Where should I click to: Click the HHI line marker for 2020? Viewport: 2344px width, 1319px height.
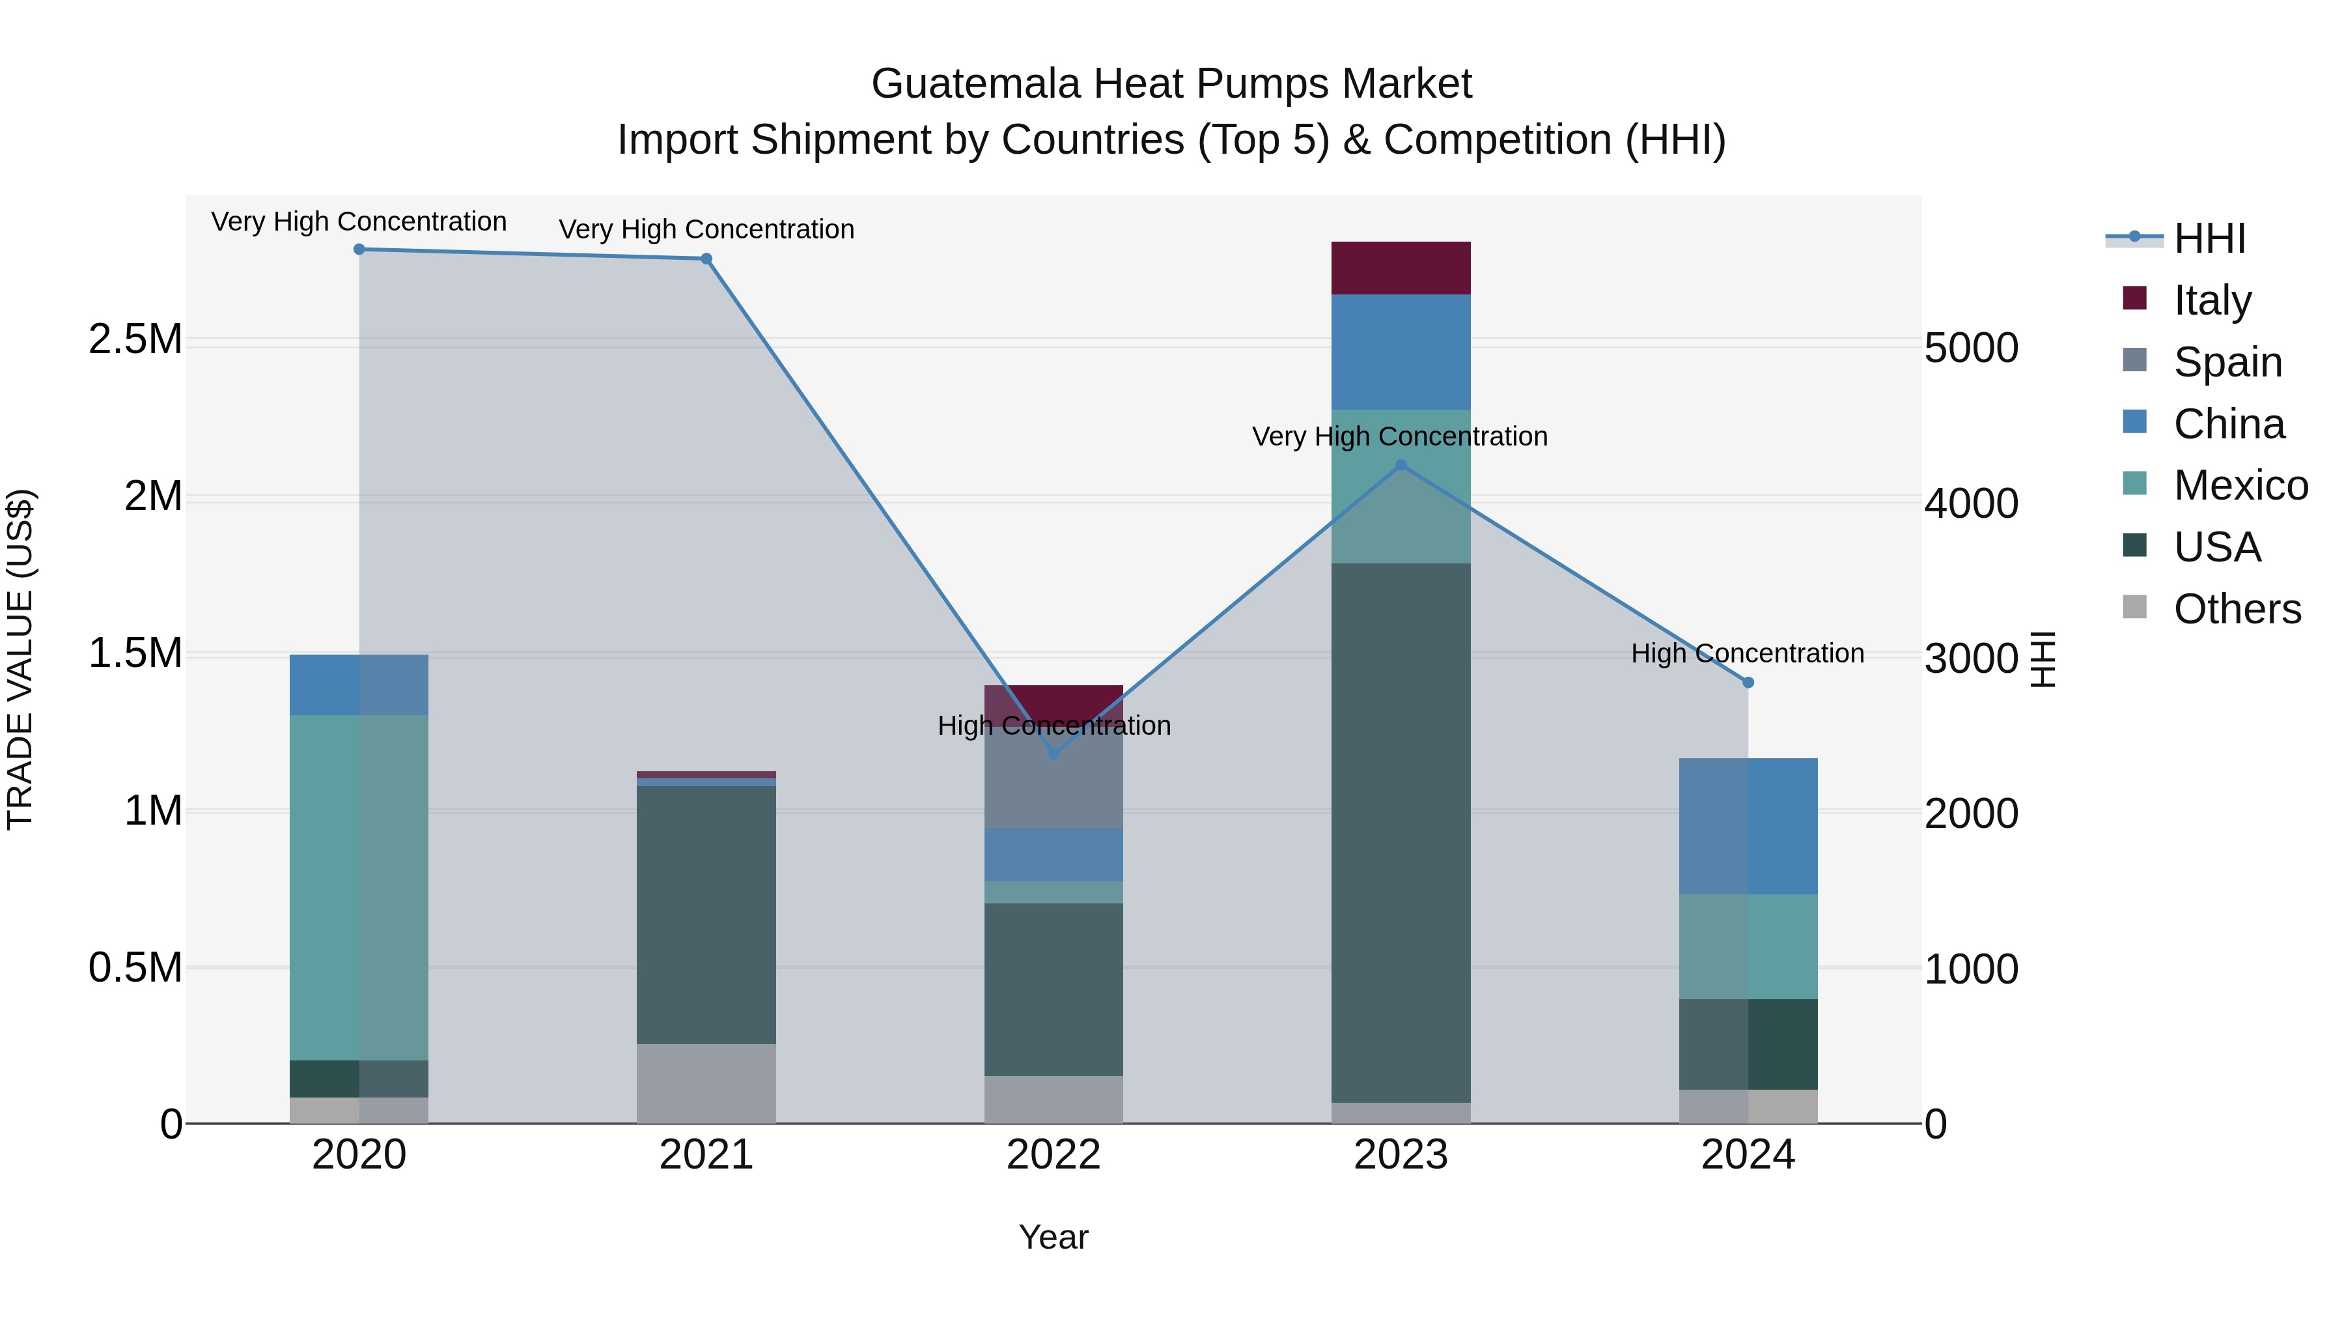click(x=359, y=249)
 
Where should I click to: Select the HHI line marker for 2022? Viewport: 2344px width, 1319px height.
click(x=1053, y=754)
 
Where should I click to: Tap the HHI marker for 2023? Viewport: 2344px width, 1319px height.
click(x=1401, y=465)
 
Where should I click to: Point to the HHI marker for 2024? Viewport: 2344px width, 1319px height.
click(x=1748, y=683)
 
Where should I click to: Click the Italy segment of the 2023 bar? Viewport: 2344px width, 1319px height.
click(x=1401, y=268)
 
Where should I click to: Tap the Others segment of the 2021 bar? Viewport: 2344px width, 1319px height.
click(x=706, y=1083)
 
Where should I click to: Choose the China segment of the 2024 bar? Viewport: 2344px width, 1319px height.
click(x=1748, y=826)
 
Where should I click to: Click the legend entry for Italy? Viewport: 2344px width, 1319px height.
click(x=2212, y=300)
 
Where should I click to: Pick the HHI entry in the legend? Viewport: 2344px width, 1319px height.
click(x=2209, y=238)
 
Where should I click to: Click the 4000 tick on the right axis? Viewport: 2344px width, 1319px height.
click(x=1972, y=503)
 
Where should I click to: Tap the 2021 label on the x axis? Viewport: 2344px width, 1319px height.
click(x=706, y=1155)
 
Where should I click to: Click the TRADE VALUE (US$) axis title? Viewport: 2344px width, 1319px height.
click(x=20, y=659)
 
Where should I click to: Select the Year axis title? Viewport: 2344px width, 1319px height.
click(x=1053, y=1237)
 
